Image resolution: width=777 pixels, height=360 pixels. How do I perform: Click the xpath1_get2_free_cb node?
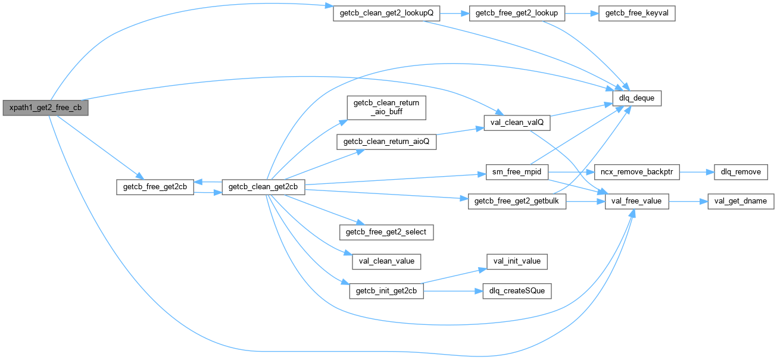click(x=45, y=108)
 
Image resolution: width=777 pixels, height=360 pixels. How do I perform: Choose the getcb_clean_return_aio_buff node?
click(x=386, y=107)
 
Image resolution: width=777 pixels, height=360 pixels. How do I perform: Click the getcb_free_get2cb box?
click(x=154, y=187)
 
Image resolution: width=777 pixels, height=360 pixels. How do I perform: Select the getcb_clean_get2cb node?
click(x=263, y=187)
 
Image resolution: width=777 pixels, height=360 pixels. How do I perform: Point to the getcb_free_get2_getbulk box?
click(x=517, y=202)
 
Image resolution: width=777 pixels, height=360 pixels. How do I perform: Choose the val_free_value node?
click(x=637, y=202)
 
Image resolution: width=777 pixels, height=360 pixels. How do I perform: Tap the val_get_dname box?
click(x=740, y=202)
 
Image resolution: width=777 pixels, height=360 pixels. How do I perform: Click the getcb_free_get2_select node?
click(x=386, y=231)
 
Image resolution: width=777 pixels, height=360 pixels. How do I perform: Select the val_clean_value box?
click(x=386, y=261)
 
